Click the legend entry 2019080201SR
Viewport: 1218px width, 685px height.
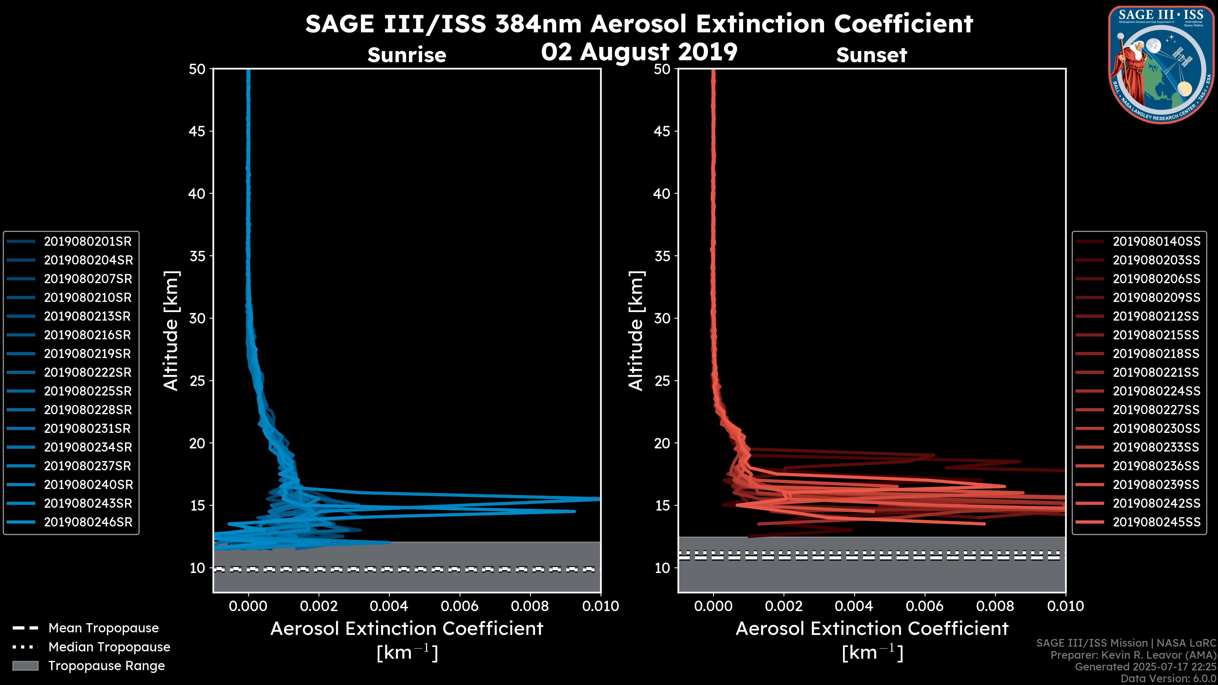[x=88, y=242]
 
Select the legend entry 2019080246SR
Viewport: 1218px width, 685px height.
[x=88, y=522]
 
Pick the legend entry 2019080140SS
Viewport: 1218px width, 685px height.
[x=1156, y=242]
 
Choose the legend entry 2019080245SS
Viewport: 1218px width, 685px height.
[x=1156, y=522]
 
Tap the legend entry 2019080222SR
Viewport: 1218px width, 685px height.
[x=88, y=373]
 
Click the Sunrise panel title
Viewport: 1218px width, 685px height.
[x=407, y=55]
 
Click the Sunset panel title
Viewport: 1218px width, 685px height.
[x=871, y=55]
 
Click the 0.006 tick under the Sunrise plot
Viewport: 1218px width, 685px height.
[x=460, y=606]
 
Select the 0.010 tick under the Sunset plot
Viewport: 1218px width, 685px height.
[x=1066, y=606]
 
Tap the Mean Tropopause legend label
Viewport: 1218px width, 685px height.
[x=103, y=628]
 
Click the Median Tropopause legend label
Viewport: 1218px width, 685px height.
[x=109, y=647]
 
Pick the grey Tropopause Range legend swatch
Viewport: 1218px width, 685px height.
[x=25, y=666]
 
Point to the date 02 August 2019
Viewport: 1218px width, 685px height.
[x=639, y=52]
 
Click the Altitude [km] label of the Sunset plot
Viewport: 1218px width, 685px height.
[x=636, y=331]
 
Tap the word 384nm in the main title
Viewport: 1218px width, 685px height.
[x=538, y=24]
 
